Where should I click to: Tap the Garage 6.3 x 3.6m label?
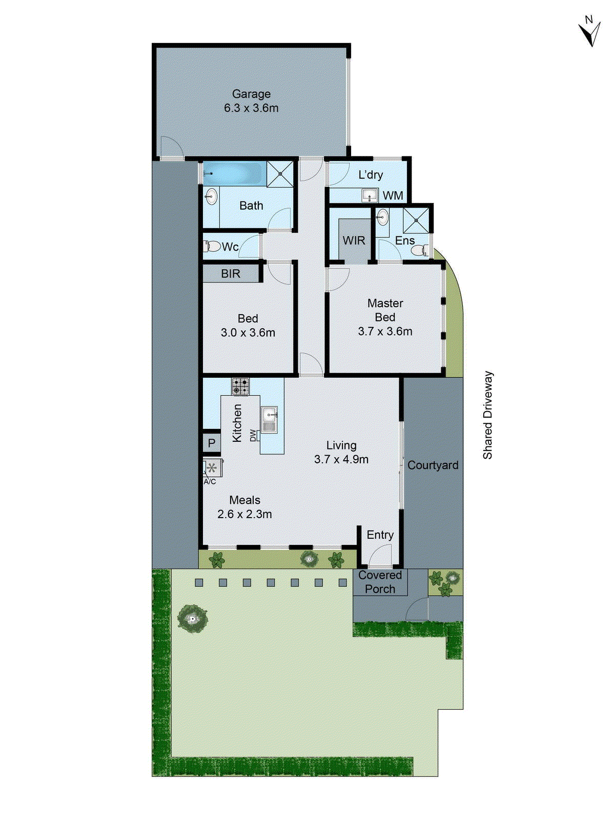click(x=251, y=101)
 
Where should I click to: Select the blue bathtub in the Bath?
click(x=234, y=174)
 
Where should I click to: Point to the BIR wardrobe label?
click(x=231, y=274)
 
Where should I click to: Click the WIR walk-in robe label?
click(x=354, y=240)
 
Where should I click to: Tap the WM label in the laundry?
click(x=393, y=196)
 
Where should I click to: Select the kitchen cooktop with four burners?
click(x=240, y=386)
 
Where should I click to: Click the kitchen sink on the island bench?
click(x=270, y=420)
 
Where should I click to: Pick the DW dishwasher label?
click(x=253, y=436)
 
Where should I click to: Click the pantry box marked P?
click(x=212, y=443)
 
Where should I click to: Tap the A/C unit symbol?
click(x=212, y=468)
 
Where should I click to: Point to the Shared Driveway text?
click(x=487, y=415)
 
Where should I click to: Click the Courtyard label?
click(x=433, y=465)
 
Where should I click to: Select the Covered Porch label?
click(x=380, y=582)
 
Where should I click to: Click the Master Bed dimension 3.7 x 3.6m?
click(x=385, y=332)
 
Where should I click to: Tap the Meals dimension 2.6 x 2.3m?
click(x=244, y=514)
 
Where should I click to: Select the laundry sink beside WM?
click(x=370, y=195)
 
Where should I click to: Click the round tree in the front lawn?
click(x=192, y=619)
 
